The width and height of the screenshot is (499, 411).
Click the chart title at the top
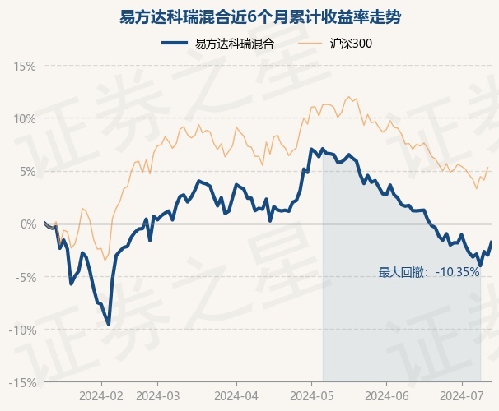pos(249,16)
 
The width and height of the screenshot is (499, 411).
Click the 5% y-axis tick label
pos(27,171)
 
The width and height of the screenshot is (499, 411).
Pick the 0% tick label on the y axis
pos(27,224)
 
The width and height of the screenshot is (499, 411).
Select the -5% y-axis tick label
pos(26,277)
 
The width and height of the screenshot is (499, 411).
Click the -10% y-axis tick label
pos(23,330)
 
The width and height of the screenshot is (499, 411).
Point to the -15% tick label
pos(23,382)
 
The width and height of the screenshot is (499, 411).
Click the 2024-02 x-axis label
pos(101,395)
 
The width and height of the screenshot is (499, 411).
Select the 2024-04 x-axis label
pos(236,395)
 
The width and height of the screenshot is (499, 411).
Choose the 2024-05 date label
pos(311,395)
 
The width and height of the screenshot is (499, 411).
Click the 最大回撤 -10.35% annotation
pos(429,272)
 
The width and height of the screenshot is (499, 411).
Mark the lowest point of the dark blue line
pos(109,325)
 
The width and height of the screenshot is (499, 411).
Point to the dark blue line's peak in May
pos(311,149)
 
